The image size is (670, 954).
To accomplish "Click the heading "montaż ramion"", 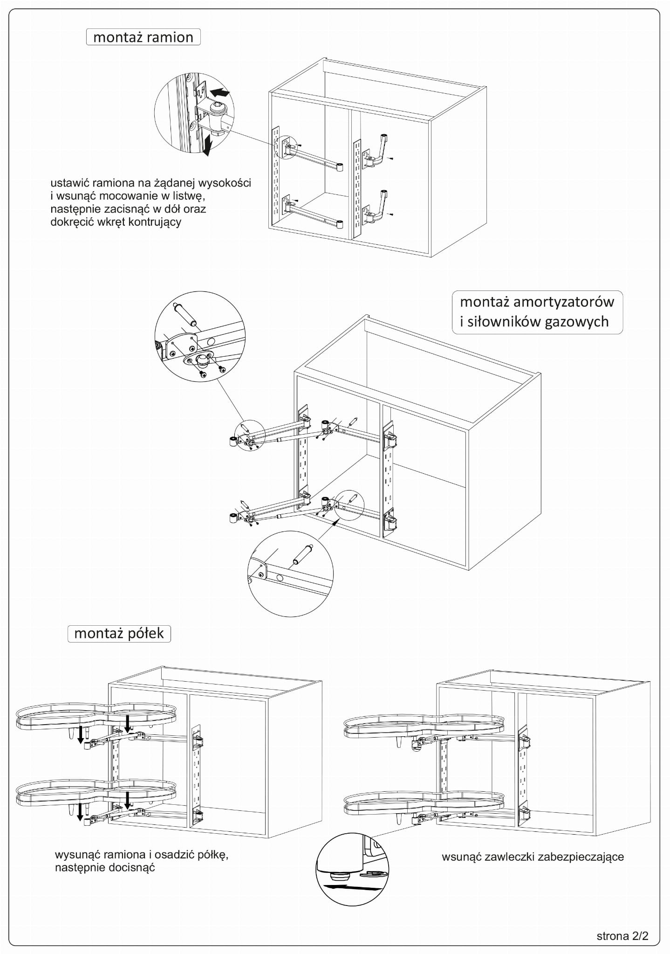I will point(143,37).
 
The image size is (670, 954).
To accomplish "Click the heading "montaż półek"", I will point(119,633).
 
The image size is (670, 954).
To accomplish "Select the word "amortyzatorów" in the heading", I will point(563,302).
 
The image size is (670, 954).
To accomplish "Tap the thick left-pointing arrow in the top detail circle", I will point(219,92).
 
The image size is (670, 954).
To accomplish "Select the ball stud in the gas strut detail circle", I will point(203,360).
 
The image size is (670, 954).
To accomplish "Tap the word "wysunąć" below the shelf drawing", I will point(77,855).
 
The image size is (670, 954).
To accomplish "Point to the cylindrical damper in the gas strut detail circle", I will point(185,314).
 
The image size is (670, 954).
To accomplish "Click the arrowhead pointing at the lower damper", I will point(334,524).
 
